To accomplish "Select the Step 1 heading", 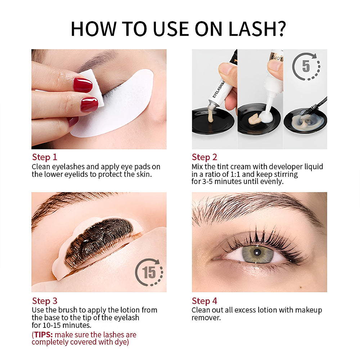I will [x=45, y=157].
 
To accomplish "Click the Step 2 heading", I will [x=204, y=157].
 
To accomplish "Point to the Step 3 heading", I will [x=45, y=301].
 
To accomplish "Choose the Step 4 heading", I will [x=204, y=301].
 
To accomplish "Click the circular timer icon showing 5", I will [x=306, y=67].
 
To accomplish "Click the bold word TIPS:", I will [x=43, y=335].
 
